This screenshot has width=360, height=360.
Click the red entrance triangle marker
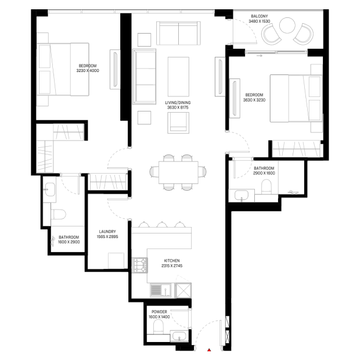point(209,350)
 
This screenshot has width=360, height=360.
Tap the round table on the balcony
point(287,26)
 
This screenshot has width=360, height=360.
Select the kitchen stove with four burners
point(139,265)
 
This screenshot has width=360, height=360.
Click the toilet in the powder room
point(158,327)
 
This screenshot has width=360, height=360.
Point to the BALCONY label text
point(259,16)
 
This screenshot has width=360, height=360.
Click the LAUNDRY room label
point(107,232)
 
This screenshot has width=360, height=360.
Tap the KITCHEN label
point(172,261)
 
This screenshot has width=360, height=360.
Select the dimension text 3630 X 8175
point(178,107)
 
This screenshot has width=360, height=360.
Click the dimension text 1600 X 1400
point(159,317)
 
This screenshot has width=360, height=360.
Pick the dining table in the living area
point(178,172)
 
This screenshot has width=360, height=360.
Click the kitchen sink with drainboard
point(161,290)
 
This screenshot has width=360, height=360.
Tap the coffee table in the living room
point(178,77)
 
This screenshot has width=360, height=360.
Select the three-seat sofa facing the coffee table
point(145,77)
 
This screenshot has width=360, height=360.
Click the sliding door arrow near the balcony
point(260,56)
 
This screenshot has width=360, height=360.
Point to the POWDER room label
point(159,312)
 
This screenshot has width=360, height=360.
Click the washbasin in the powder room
point(179,336)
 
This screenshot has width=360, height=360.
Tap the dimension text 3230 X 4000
point(88,71)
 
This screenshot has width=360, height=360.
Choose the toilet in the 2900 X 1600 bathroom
point(267,186)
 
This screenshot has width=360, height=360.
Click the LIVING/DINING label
point(178,103)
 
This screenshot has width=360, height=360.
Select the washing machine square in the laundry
point(116,261)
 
